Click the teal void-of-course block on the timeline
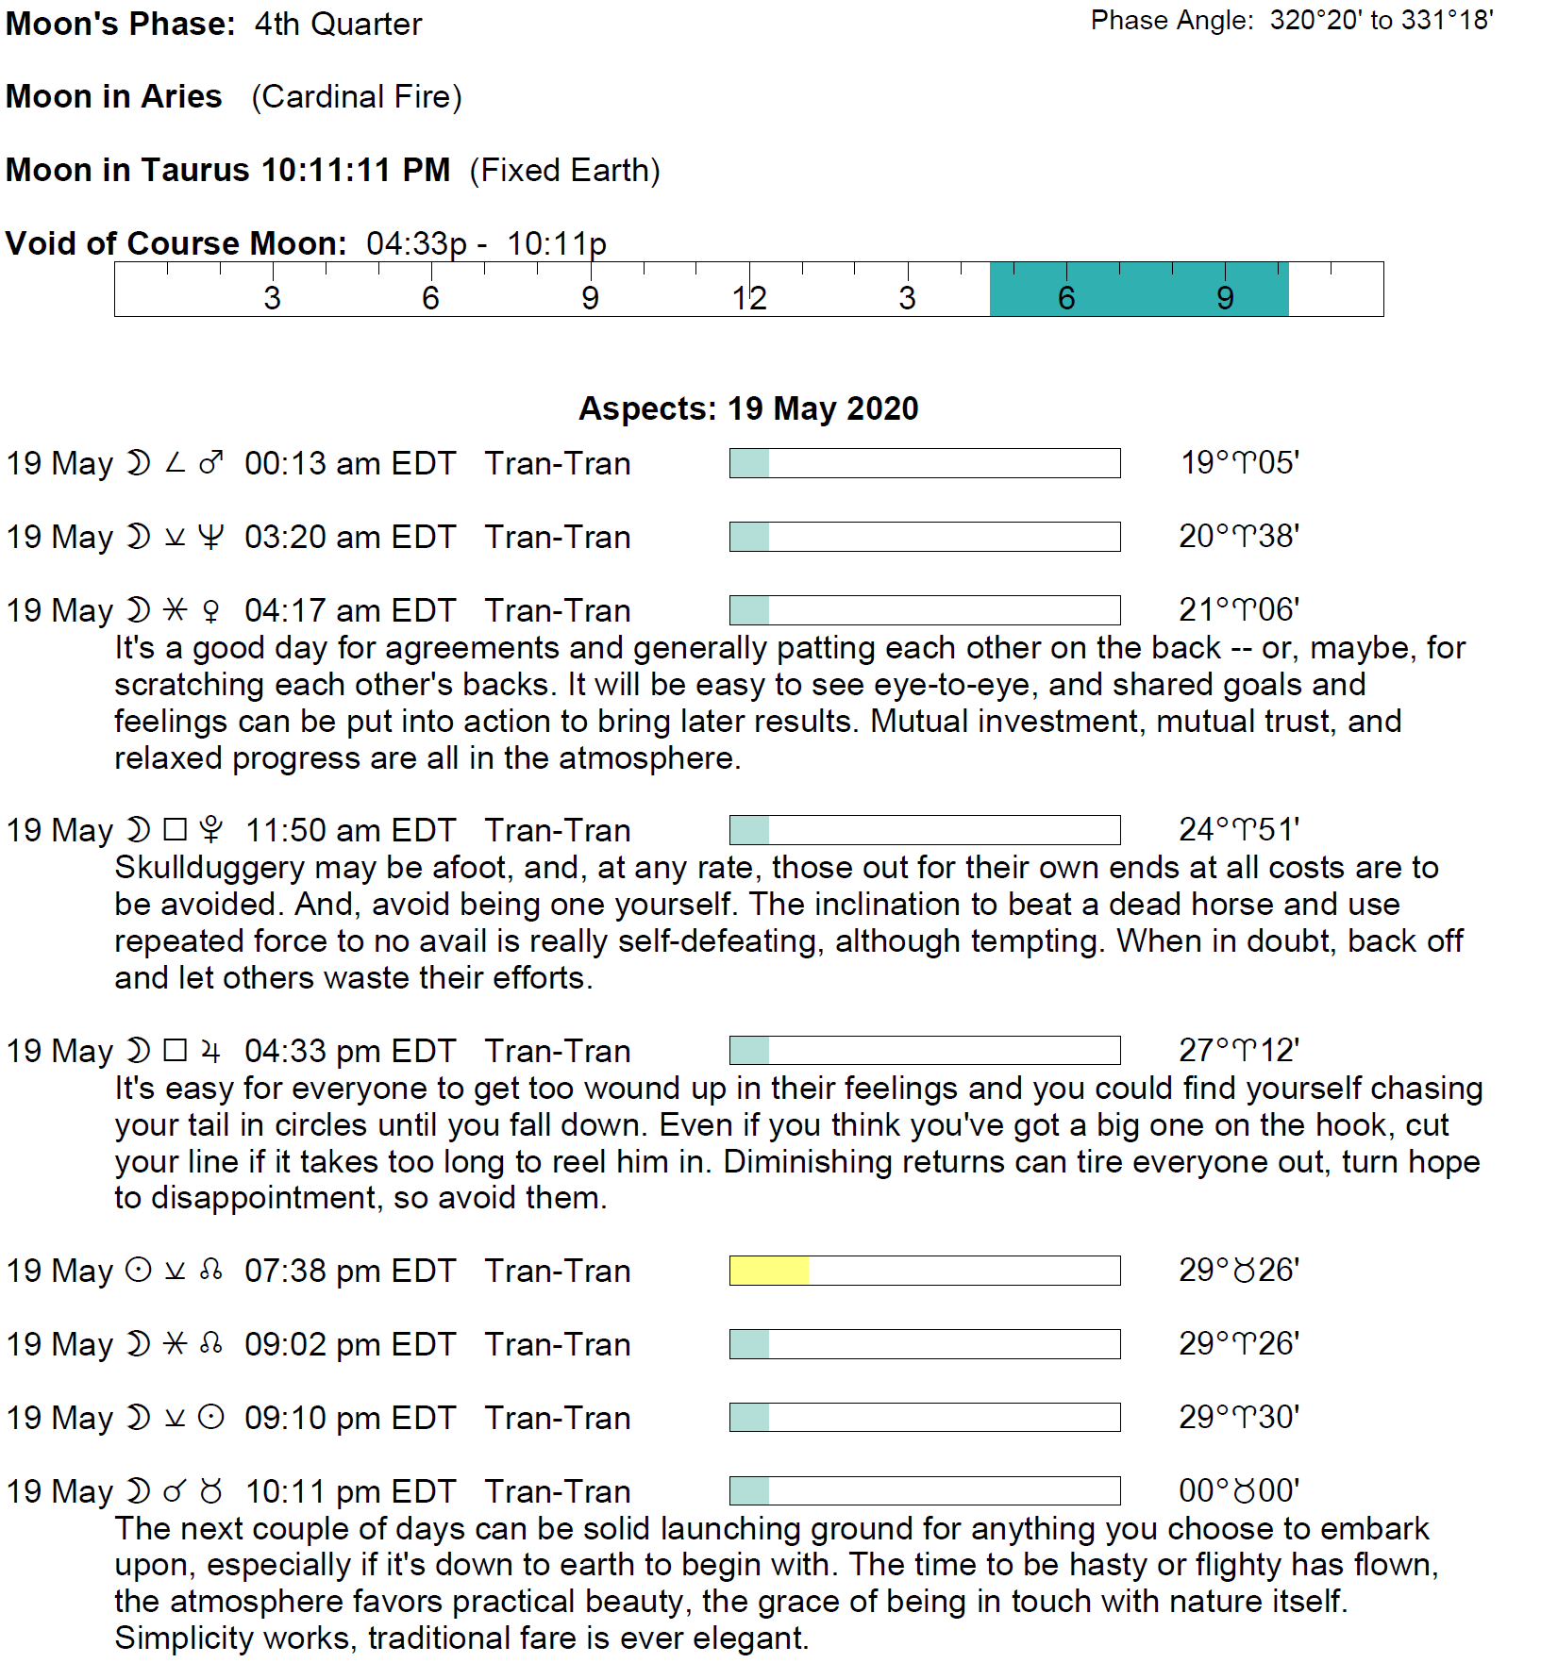[1138, 290]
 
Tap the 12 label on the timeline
[748, 298]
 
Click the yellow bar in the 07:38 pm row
[769, 1271]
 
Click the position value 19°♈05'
[1240, 463]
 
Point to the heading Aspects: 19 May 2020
[748, 408]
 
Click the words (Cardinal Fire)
[357, 96]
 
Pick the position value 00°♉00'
[1239, 1490]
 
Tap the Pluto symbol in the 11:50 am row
[211, 830]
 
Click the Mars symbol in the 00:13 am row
[211, 463]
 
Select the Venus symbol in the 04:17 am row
[211, 611]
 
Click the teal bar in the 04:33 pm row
[749, 1050]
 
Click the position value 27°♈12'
[1239, 1050]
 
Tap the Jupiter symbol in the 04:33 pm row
[211, 1051]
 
